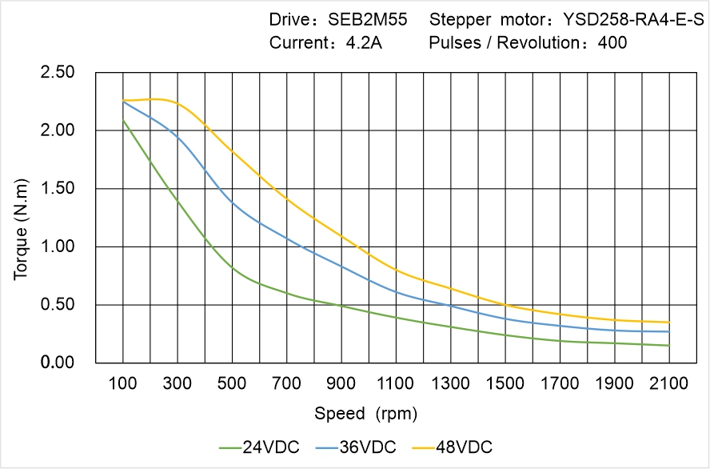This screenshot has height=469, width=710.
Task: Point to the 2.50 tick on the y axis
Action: [58, 73]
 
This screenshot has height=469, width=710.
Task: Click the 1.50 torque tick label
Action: [58, 189]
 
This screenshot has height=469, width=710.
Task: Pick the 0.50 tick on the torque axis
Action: [58, 305]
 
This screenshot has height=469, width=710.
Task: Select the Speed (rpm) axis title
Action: [366, 414]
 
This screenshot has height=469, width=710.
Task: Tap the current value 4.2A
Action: [364, 42]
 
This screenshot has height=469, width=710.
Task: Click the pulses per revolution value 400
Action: [612, 42]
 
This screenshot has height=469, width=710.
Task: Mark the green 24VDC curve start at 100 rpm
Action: [123, 120]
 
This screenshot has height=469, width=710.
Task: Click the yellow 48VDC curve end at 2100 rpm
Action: [668, 323]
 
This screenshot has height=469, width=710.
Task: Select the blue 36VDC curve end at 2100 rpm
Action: [668, 331]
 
